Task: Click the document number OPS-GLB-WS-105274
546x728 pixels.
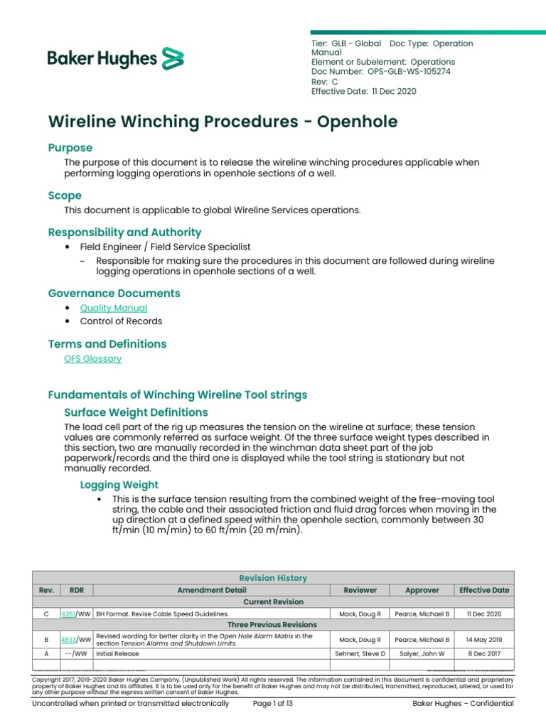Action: pyautogui.click(x=409, y=72)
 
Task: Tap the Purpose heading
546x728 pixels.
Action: pyautogui.click(x=70, y=148)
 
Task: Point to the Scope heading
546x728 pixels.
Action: pyautogui.click(x=65, y=196)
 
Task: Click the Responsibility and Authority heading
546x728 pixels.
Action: pyautogui.click(x=124, y=232)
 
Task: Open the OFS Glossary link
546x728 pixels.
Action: pyautogui.click(x=93, y=359)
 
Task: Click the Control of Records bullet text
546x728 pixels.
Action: pyautogui.click(x=121, y=321)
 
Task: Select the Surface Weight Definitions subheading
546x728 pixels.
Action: pyautogui.click(x=136, y=412)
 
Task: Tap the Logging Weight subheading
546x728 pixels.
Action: pyautogui.click(x=119, y=485)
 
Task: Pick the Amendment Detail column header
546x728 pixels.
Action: pyautogui.click(x=212, y=590)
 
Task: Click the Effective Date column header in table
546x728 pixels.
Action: pyautogui.click(x=485, y=590)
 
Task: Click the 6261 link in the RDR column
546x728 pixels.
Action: pyautogui.click(x=69, y=614)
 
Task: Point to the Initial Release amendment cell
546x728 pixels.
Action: pyautogui.click(x=117, y=653)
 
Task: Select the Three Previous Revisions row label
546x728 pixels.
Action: pyautogui.click(x=273, y=625)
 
